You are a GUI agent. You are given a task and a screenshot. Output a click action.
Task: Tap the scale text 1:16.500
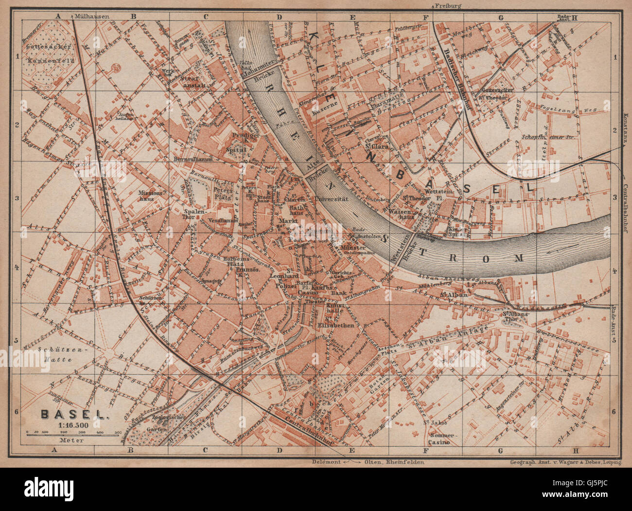(73, 424)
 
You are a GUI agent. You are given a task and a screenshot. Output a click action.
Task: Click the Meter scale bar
(73, 433)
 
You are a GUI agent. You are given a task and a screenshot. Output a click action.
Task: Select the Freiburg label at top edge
(448, 5)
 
